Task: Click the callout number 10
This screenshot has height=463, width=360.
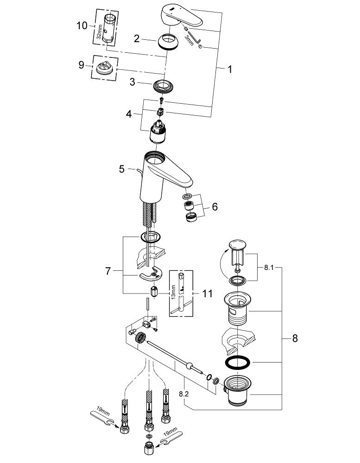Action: (82, 25)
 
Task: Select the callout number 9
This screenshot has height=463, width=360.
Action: (82, 65)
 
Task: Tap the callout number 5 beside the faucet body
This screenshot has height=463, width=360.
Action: (121, 169)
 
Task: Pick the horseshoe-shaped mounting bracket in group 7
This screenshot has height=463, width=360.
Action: (151, 276)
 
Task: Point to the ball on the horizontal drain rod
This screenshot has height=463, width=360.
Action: (189, 365)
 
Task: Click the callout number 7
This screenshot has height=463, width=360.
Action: (107, 271)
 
